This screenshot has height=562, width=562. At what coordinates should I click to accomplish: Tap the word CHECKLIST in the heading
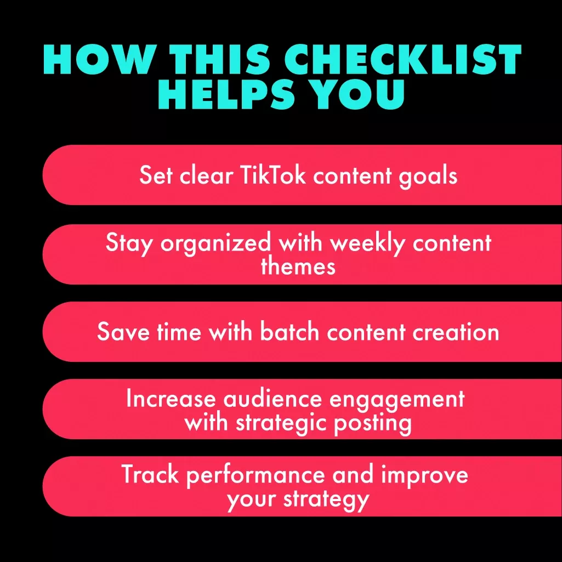point(403,59)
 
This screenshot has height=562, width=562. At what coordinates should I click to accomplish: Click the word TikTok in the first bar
point(274,175)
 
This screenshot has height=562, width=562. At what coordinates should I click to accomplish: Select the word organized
point(215,244)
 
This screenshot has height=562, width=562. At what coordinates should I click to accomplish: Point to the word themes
point(298,266)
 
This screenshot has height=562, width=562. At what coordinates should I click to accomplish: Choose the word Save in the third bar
point(123,331)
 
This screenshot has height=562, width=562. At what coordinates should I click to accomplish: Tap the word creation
point(456,331)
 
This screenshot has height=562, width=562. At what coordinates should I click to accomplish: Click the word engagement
point(397,400)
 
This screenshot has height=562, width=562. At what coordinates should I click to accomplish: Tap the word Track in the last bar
point(150,474)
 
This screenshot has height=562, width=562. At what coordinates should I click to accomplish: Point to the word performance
point(255,476)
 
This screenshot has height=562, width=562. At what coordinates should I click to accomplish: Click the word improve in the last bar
point(425,476)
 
